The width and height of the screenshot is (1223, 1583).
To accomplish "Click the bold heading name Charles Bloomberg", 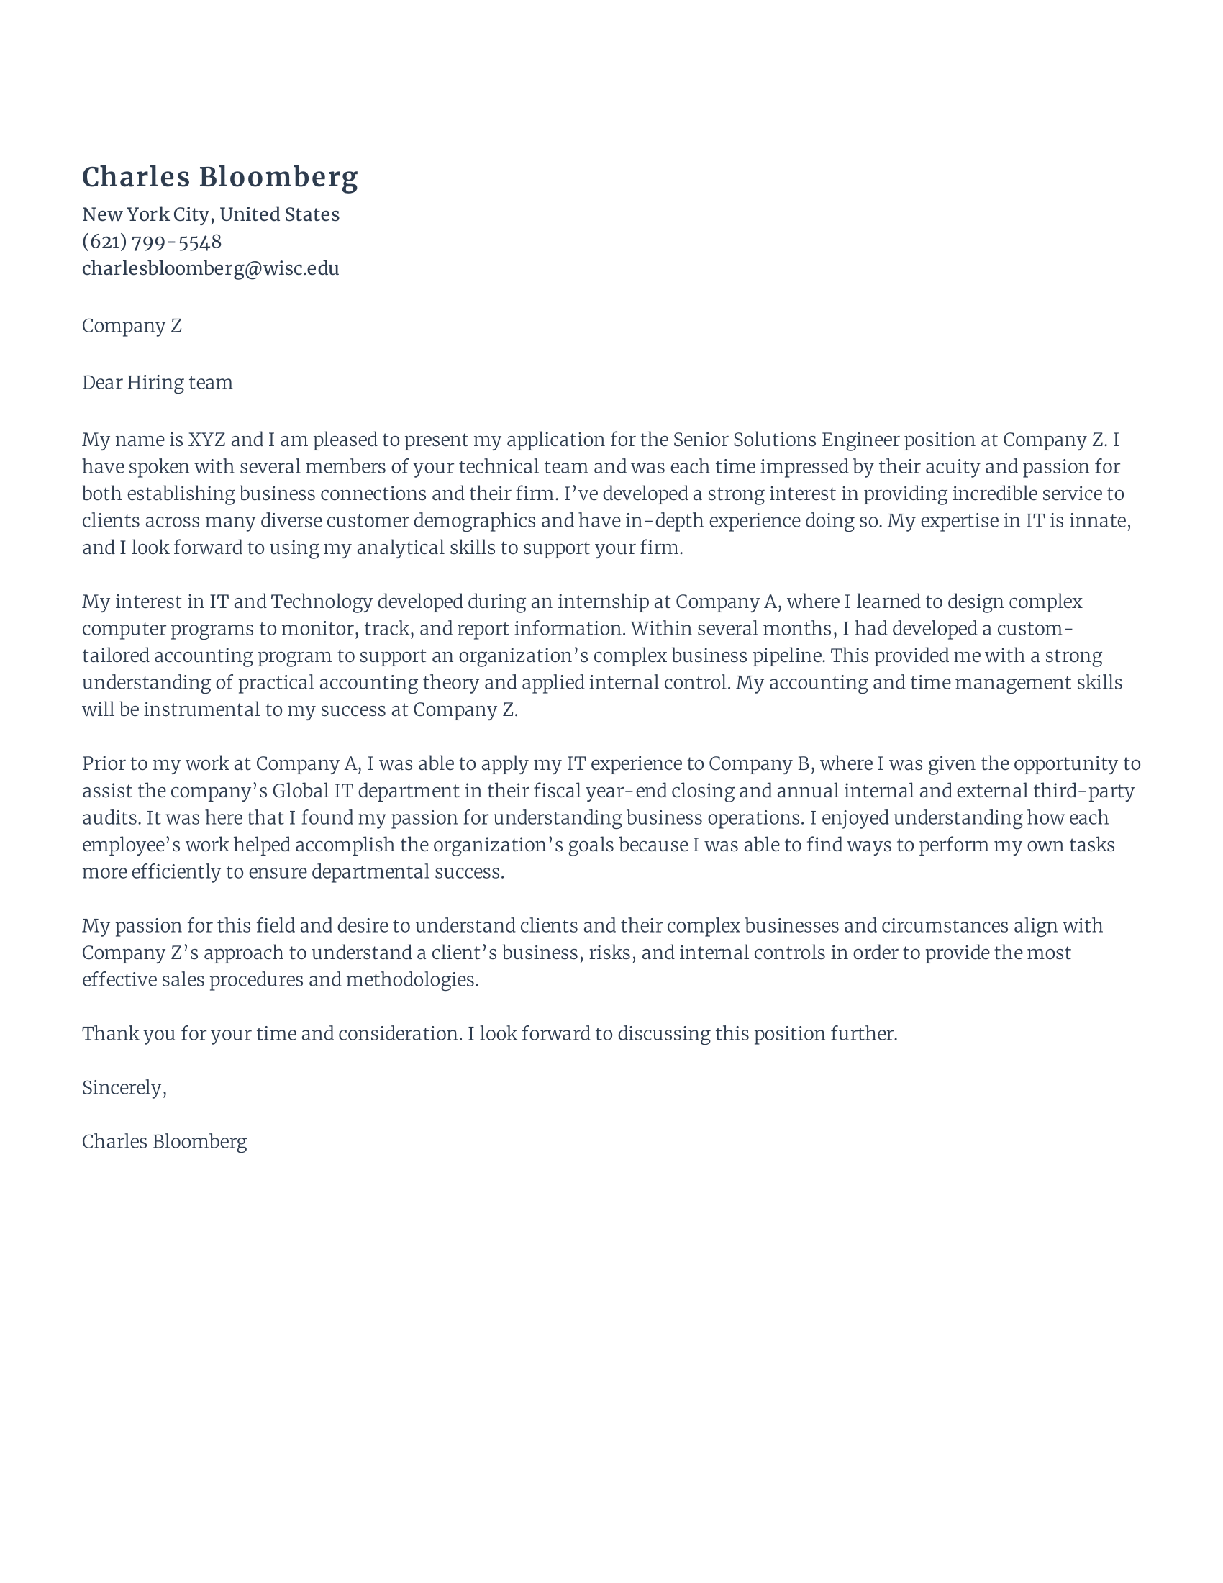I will click(219, 178).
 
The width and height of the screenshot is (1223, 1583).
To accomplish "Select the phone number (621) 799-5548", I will click(151, 241).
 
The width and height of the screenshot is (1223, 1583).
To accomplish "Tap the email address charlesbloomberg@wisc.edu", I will click(210, 269).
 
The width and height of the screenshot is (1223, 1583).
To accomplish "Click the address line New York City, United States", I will click(210, 214).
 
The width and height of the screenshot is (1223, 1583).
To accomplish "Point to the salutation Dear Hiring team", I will click(158, 383).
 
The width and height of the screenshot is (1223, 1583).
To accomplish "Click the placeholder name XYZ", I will click(206, 440).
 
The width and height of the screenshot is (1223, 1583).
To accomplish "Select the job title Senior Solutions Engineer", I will click(786, 440).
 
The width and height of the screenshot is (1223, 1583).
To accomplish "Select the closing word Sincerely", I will click(123, 1088).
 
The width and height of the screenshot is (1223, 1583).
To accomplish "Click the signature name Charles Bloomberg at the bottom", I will click(165, 1143).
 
